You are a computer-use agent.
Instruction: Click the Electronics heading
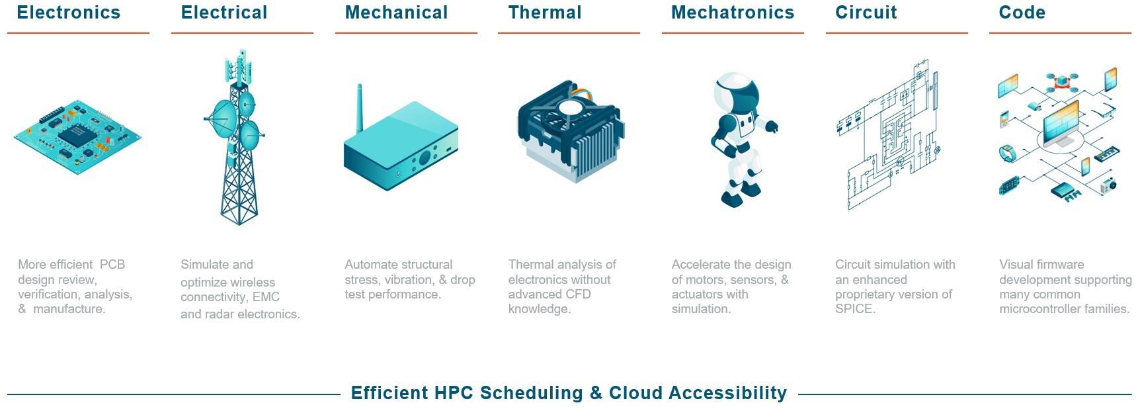pyautogui.click(x=69, y=13)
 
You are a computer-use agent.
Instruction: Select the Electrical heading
pyautogui.click(x=224, y=13)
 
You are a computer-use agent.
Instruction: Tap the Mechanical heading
pyautogui.click(x=396, y=13)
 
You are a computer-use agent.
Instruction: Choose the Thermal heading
pyautogui.click(x=545, y=13)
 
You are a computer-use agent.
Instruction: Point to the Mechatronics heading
pyautogui.click(x=733, y=13)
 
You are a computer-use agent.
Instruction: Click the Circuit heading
pyautogui.click(x=866, y=13)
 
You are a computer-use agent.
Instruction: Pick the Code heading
pyautogui.click(x=1022, y=13)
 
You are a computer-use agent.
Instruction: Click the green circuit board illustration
pyautogui.click(x=77, y=137)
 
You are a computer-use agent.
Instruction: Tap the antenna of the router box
pyautogui.click(x=360, y=109)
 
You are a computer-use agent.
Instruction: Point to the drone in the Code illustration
pyautogui.click(x=1062, y=81)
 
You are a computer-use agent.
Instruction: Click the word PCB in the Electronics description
pyautogui.click(x=112, y=265)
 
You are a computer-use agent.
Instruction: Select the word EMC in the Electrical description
pyautogui.click(x=266, y=297)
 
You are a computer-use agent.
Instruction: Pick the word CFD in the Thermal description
pyautogui.click(x=578, y=295)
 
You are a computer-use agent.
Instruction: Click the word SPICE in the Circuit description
pyautogui.click(x=854, y=309)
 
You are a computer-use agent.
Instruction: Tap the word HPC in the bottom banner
pyautogui.click(x=454, y=393)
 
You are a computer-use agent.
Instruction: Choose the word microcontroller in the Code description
pyautogui.click(x=1037, y=309)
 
